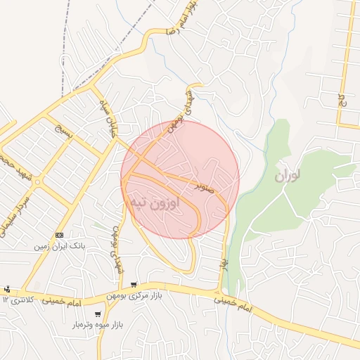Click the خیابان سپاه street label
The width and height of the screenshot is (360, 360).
click(105, 122)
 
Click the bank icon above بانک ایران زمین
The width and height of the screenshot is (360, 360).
click(59, 235)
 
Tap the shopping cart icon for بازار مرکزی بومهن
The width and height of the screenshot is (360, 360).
click(133, 285)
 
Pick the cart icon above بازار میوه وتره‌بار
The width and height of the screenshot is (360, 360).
click(97, 314)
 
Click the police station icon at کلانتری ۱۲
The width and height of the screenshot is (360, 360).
click(7, 289)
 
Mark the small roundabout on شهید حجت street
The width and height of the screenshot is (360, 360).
click(37, 182)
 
